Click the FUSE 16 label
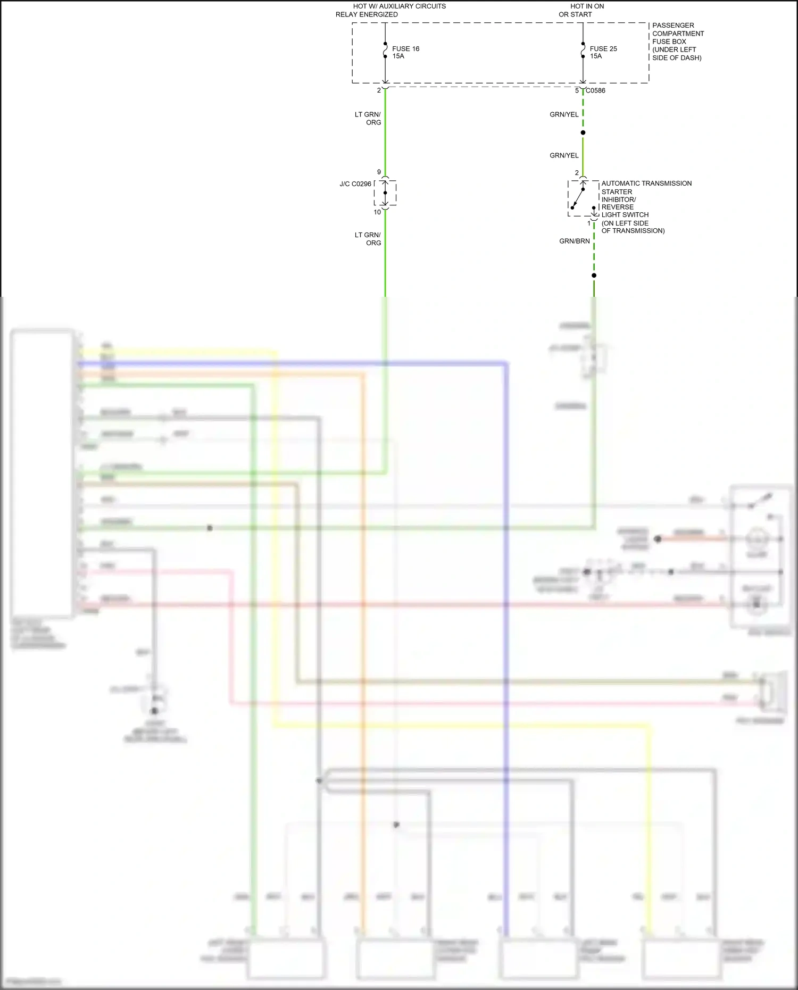click(x=405, y=48)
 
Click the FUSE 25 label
click(x=603, y=48)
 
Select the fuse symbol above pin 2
click(x=385, y=51)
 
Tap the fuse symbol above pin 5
click(x=583, y=51)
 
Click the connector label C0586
click(x=595, y=90)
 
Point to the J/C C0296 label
click(x=355, y=184)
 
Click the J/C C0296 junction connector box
click(x=385, y=193)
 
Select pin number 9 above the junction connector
click(x=379, y=172)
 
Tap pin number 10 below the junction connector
click(x=377, y=212)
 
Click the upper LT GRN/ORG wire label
click(x=368, y=118)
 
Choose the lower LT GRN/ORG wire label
click(x=368, y=239)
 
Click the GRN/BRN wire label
click(x=574, y=241)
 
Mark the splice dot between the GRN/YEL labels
click(x=583, y=132)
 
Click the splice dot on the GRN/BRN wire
click(x=594, y=275)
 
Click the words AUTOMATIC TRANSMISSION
click(x=646, y=184)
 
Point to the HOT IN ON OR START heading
click(x=581, y=10)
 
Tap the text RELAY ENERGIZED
click(x=367, y=14)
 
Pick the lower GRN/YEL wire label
click(x=564, y=155)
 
